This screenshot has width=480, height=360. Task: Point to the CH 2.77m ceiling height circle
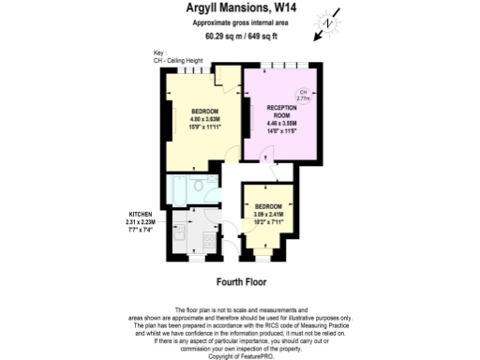(x=303, y=95)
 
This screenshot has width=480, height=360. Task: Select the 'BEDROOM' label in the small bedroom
(x=268, y=205)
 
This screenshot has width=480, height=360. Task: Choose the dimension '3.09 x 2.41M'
(x=268, y=213)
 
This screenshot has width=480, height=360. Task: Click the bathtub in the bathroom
(x=175, y=191)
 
